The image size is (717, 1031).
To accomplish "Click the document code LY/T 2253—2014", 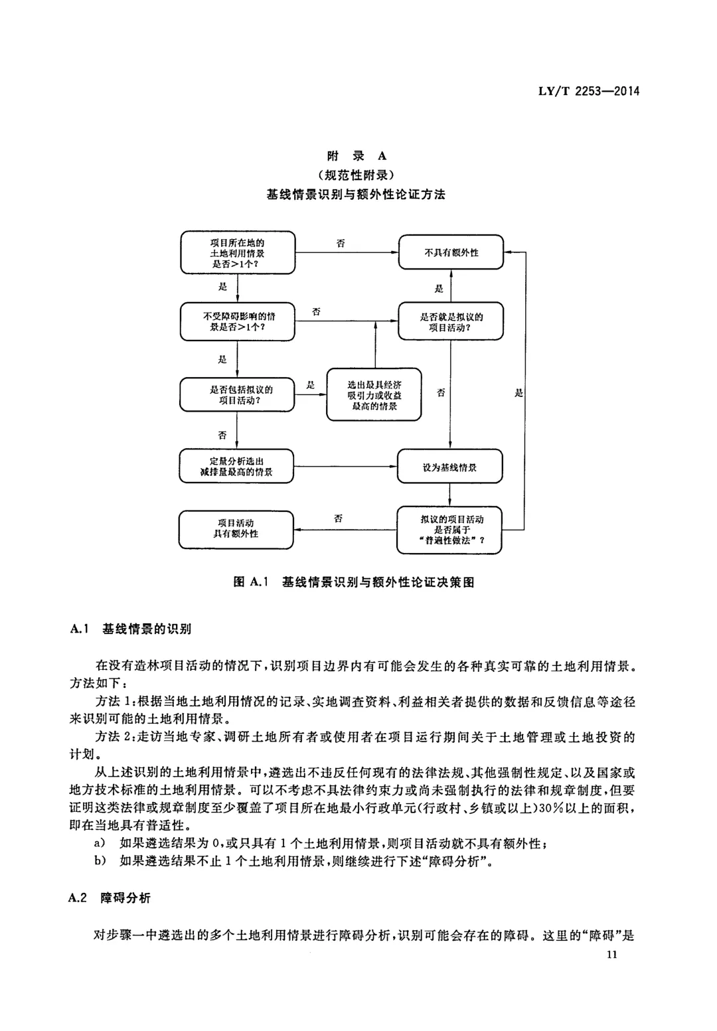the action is click(x=589, y=91).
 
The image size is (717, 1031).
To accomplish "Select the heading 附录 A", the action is click(x=357, y=156).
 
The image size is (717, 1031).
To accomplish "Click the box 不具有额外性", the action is click(x=451, y=252).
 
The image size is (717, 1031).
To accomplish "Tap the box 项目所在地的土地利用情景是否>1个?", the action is click(x=238, y=253).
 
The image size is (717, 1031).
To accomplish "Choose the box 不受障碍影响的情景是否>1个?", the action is click(x=238, y=321).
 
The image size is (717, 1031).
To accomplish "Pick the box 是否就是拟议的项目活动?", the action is click(x=451, y=321).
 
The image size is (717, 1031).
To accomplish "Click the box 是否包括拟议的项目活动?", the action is click(x=237, y=394).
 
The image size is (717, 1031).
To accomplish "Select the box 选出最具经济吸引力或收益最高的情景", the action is click(x=374, y=394).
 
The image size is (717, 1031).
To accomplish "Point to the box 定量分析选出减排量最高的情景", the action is click(x=236, y=466).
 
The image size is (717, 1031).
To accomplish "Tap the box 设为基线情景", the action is click(x=449, y=466).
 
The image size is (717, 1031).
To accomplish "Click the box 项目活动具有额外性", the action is click(x=236, y=529).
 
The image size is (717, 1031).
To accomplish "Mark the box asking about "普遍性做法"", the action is click(x=449, y=530).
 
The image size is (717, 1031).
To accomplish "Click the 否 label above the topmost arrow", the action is click(x=341, y=243).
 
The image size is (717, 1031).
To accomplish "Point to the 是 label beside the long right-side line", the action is click(x=518, y=392).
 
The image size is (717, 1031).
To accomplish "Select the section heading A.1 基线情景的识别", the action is click(x=131, y=629).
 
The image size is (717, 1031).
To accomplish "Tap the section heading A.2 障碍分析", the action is click(x=110, y=898).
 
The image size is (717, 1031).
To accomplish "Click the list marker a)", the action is click(x=100, y=843).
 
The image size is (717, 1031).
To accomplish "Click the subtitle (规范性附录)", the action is click(x=357, y=175).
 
